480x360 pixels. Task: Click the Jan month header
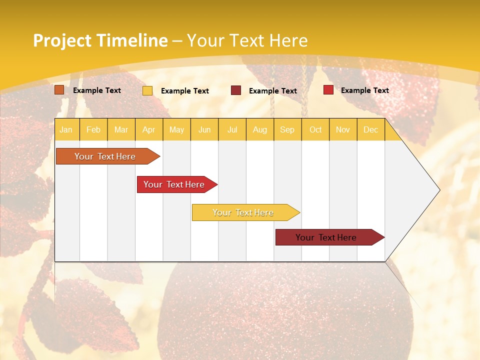(x=66, y=129)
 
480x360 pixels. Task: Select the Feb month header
(x=93, y=129)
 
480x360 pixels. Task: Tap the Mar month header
(x=121, y=129)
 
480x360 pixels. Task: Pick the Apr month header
(x=148, y=129)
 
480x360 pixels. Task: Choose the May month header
(x=176, y=129)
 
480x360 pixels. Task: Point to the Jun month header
(x=204, y=129)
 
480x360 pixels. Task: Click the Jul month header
(x=232, y=129)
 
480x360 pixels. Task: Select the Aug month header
(x=259, y=129)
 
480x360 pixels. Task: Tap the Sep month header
(x=287, y=129)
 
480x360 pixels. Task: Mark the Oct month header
(x=315, y=129)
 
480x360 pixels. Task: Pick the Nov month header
(x=343, y=129)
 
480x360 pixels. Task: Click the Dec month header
(x=370, y=129)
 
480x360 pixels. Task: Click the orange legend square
(x=59, y=90)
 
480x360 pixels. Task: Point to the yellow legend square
(x=147, y=90)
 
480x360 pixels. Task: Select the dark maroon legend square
(x=236, y=90)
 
